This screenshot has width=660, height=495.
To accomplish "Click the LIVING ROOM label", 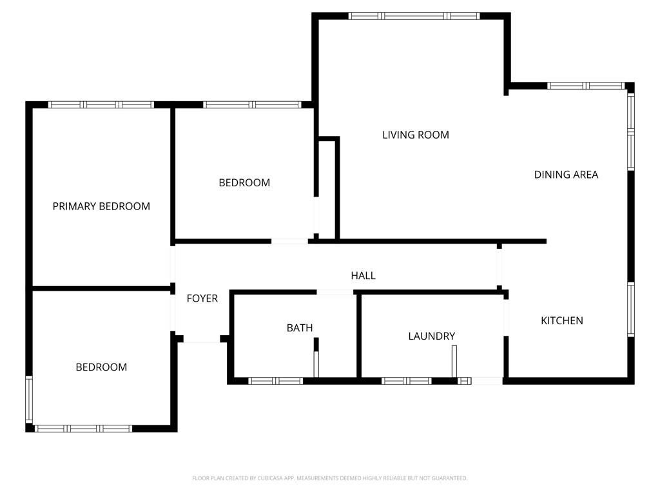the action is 416,135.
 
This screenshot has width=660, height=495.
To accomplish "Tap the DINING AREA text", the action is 566,174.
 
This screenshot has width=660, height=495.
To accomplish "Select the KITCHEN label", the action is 562,320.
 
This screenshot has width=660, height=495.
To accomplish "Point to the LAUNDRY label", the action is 431,336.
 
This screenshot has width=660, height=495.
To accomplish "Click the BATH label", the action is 300,327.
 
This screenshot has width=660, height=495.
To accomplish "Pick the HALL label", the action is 364,275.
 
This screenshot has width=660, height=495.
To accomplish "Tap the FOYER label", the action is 202,298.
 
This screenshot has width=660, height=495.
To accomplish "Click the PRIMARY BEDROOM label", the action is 101,206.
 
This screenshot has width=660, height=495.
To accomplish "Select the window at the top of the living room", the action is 414,16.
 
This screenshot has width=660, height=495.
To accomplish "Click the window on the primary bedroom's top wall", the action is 101,105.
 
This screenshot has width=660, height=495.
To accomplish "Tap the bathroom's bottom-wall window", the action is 275,381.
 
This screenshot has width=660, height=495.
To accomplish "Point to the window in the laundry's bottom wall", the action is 407,381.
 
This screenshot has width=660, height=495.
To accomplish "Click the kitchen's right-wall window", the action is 631,309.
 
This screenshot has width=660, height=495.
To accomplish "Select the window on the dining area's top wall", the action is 586,86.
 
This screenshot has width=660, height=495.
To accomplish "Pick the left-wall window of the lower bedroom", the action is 28,400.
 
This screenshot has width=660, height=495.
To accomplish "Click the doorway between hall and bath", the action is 335,292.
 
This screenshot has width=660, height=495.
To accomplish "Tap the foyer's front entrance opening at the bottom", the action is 202,339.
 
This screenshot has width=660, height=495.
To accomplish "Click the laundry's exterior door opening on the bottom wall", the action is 487,381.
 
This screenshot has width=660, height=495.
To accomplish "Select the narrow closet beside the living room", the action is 327,189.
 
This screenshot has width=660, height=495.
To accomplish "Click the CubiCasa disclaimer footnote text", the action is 329,478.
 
